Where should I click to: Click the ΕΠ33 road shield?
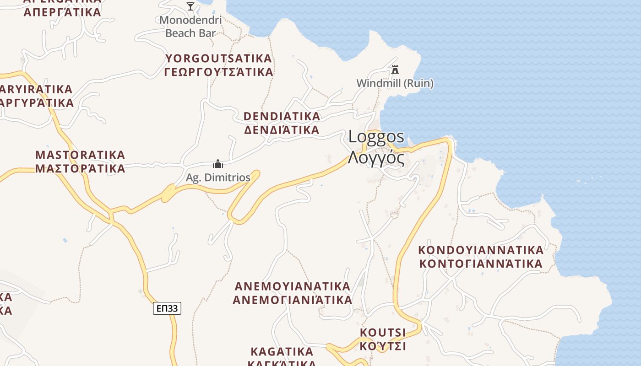tap(167, 309)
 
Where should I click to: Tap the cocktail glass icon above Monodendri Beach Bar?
tap(190, 6)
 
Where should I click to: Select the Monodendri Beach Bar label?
tap(190, 27)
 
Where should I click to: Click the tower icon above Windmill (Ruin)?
tap(395, 70)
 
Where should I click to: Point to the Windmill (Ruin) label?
tap(395, 83)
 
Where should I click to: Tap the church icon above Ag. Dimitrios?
tap(218, 164)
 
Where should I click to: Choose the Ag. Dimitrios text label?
tap(218, 178)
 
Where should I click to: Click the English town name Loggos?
tap(376, 136)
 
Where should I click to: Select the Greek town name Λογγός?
tap(376, 158)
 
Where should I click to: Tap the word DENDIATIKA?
tap(282, 116)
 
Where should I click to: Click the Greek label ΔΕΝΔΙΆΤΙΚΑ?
tap(282, 130)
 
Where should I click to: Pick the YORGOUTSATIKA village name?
tap(219, 59)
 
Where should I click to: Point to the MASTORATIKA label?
tap(80, 154)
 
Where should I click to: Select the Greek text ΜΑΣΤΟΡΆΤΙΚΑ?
tap(80, 168)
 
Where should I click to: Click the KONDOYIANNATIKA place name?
tap(481, 250)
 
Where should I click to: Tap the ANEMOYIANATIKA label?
tap(293, 286)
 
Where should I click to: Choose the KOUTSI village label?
tap(383, 332)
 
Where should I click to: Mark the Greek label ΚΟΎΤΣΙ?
tap(383, 346)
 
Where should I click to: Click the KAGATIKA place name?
tap(282, 352)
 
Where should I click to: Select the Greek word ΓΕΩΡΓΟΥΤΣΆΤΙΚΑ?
tap(219, 72)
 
